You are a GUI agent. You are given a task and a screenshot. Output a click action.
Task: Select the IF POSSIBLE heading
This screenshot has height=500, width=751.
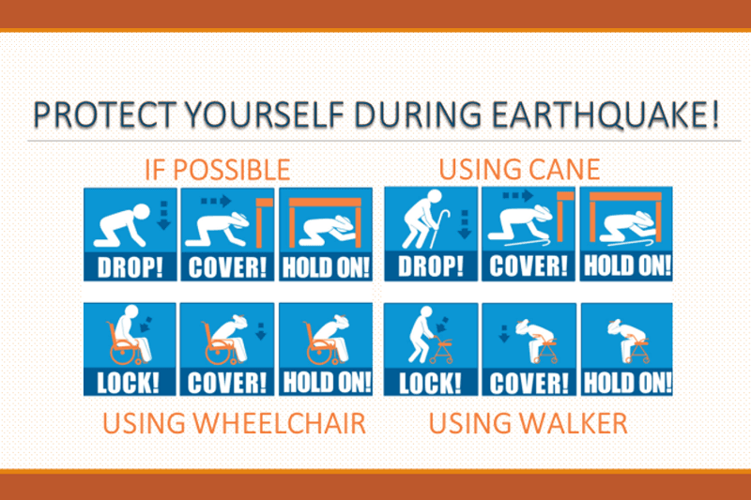point(218,170)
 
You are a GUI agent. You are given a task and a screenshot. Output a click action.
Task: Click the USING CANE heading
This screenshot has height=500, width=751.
point(519,170)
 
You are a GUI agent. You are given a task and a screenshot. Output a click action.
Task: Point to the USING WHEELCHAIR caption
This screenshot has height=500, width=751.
point(234,423)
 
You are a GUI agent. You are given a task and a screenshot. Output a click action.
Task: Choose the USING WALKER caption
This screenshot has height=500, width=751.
point(528,423)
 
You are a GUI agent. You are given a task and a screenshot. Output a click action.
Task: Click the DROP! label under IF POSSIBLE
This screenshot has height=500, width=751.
point(130,267)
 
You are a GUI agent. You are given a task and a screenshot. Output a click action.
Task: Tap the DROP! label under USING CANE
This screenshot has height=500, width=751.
point(431,266)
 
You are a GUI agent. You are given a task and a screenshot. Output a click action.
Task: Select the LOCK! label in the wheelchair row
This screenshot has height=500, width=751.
point(128,383)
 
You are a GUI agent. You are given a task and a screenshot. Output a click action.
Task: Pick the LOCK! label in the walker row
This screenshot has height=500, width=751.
point(430,383)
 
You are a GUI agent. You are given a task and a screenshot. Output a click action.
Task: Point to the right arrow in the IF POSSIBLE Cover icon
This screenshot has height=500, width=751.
point(216,201)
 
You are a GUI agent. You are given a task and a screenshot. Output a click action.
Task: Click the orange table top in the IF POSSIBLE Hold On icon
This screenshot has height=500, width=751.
point(326,202)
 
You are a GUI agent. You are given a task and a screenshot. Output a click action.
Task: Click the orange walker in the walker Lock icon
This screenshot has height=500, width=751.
point(442,350)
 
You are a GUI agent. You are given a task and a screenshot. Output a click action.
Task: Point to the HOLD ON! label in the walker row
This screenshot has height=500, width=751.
point(627,383)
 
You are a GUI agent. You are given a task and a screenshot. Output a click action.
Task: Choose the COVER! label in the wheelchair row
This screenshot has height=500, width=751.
point(227,383)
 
